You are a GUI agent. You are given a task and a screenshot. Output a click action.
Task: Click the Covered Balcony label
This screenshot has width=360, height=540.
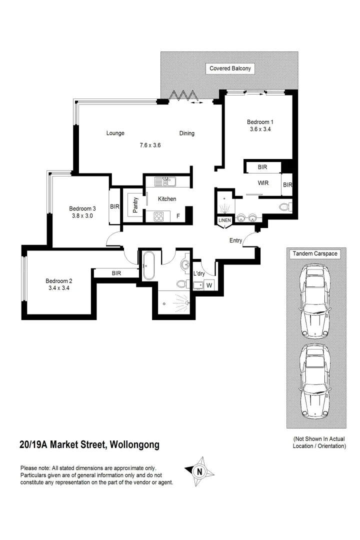coord(230,68)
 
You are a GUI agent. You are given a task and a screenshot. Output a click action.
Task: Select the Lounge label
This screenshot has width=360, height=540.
coord(115,133)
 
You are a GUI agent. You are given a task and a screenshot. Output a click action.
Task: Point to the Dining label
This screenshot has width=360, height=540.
coord(187,133)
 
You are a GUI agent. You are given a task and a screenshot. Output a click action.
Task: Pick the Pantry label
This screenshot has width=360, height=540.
coord(135,204)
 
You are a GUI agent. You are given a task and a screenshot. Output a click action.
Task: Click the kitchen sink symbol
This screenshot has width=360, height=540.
coord(163,181)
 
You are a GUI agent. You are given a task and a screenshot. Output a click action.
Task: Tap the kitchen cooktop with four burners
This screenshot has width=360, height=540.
coord(159,216)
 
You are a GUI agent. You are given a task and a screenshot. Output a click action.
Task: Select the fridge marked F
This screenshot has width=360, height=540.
coord(178,216)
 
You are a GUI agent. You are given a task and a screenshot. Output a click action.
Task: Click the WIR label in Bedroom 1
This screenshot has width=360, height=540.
coord(263,183)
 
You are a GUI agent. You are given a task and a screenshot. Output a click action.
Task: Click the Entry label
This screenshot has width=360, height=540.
coord(236,241)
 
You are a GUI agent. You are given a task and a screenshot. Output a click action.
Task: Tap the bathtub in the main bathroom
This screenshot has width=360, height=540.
coord(149,265)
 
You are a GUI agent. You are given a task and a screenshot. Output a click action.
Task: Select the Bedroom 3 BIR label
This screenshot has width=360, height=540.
coord(114,206)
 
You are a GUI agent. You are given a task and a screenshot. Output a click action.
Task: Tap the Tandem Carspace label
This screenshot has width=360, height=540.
coord(316,254)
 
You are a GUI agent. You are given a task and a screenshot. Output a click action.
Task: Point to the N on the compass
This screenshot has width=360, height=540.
coord(199,471)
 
